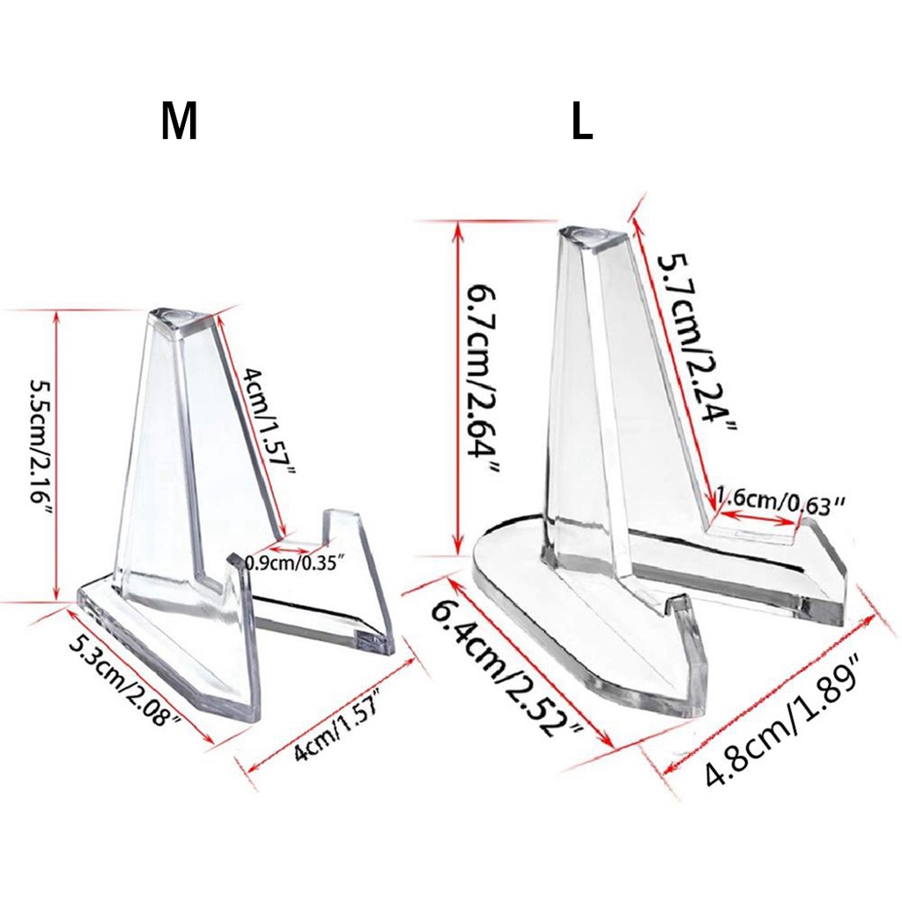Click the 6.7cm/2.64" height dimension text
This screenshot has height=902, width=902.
(x=483, y=379)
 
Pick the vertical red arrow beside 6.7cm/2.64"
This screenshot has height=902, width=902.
(x=456, y=388)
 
